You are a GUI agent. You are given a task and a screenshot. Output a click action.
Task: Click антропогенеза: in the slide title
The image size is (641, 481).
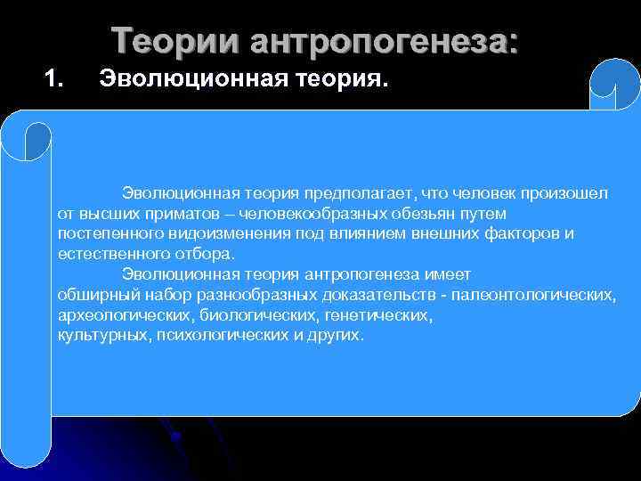point(383,41)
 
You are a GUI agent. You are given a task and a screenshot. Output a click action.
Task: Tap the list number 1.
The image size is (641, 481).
point(54,82)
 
